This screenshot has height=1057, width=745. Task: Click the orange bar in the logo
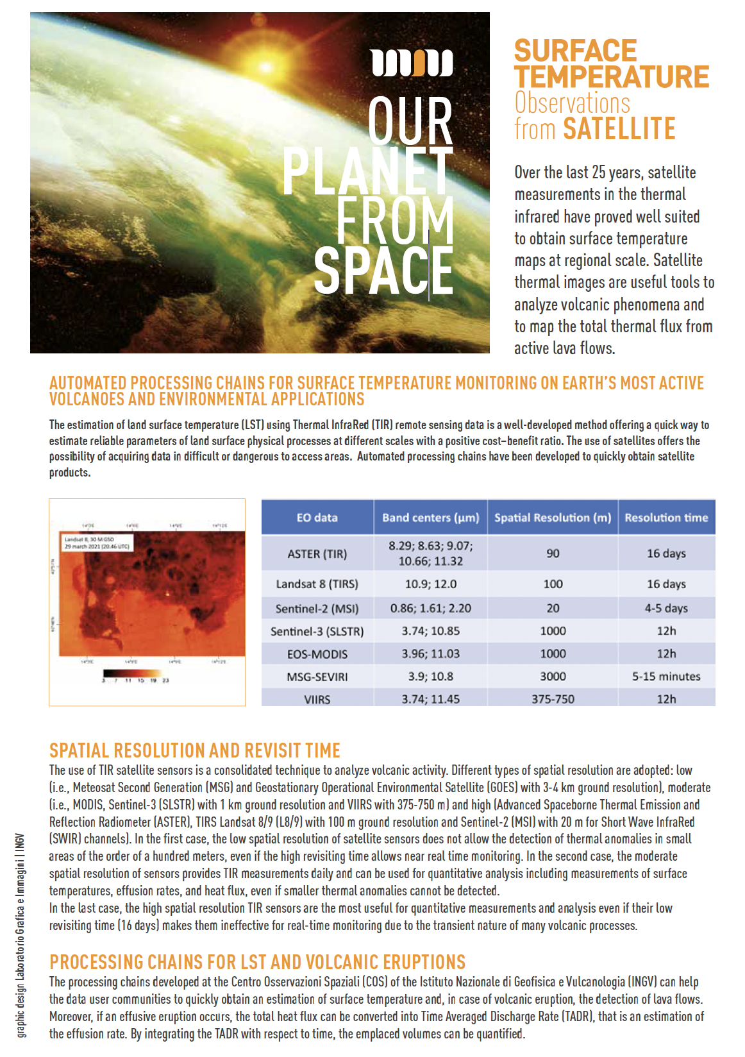tap(421, 63)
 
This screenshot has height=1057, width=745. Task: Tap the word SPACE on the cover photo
tap(383, 271)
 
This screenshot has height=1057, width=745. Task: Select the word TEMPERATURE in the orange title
tap(612, 77)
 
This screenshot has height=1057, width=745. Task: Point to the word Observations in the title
tap(573, 103)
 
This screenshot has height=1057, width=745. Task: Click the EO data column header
tap(317, 518)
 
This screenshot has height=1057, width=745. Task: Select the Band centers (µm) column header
tap(430, 518)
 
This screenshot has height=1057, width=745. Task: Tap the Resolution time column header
tap(666, 518)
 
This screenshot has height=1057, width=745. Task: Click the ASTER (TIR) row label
tap(317, 554)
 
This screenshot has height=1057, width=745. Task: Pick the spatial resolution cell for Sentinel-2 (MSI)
tap(553, 608)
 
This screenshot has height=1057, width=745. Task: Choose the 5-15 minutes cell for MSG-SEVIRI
tap(666, 676)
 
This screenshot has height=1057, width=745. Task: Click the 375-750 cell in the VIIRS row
tap(553, 698)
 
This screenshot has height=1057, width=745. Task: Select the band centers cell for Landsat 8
tap(430, 584)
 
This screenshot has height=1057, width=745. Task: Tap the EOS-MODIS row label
tap(317, 654)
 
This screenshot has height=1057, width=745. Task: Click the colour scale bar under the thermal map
tap(135, 673)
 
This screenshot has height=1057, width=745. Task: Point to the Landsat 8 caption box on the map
tap(97, 543)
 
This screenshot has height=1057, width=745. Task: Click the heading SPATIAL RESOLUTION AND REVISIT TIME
tap(195, 750)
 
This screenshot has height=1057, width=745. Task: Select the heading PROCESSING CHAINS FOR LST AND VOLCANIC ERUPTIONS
tap(257, 962)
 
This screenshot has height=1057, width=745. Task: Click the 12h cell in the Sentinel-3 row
tap(666, 630)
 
